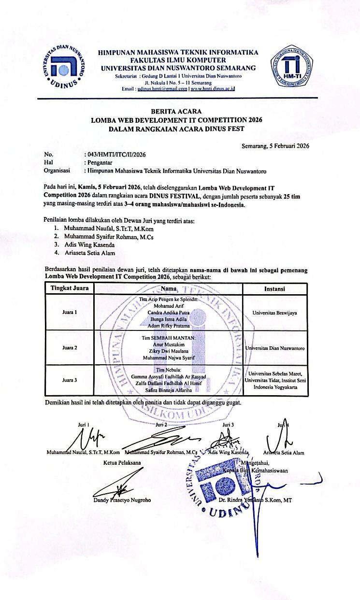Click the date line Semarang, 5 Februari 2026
tap(275, 145)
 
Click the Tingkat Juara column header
tap(69, 289)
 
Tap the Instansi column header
tap(274, 289)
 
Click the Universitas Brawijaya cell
tap(274, 313)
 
